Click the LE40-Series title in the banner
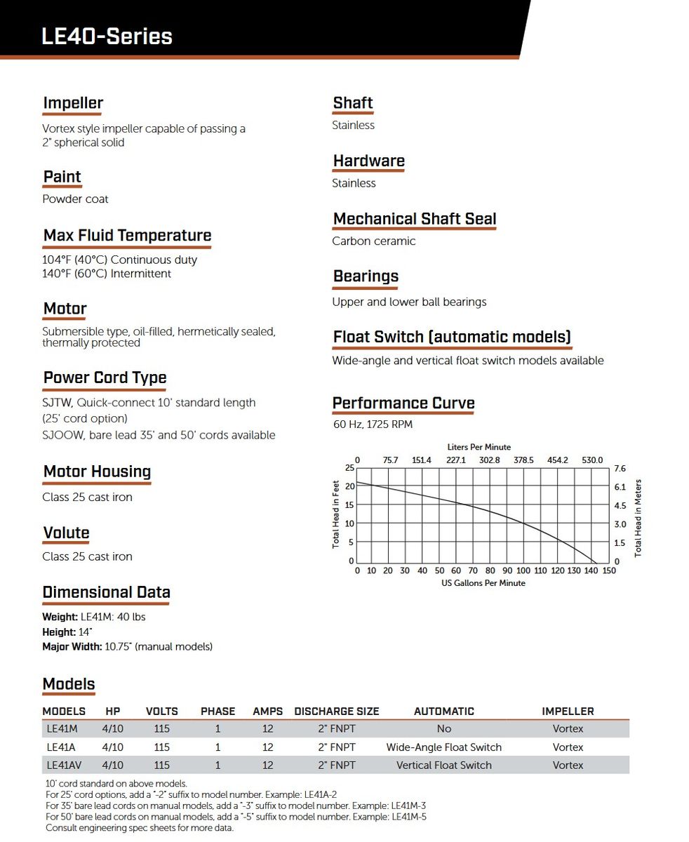[107, 36]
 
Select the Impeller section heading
[73, 104]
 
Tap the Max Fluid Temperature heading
[127, 236]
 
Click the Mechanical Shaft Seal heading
[415, 219]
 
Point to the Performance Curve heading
[403, 403]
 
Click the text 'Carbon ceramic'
[374, 241]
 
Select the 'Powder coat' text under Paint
[75, 199]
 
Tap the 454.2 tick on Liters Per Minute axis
[558, 460]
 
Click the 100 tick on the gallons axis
[523, 571]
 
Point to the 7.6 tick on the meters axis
[620, 468]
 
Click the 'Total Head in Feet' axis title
[336, 514]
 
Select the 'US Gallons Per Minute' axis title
[483, 583]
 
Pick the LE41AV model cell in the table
[62, 766]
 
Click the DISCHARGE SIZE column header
[337, 711]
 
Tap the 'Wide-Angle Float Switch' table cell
[444, 747]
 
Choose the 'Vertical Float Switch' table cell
[444, 766]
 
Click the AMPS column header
[268, 711]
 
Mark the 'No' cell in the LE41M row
[444, 729]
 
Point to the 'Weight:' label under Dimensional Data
[60, 617]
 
